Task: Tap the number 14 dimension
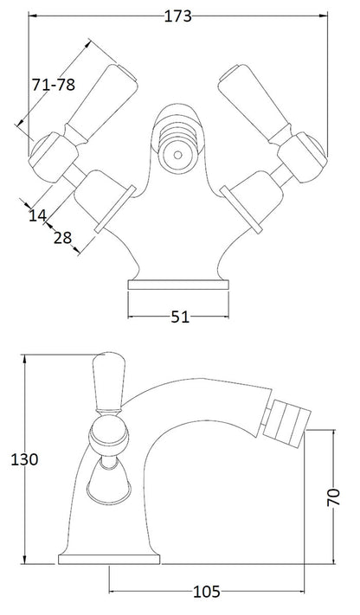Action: tap(36, 217)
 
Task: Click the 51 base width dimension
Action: tap(179, 317)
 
